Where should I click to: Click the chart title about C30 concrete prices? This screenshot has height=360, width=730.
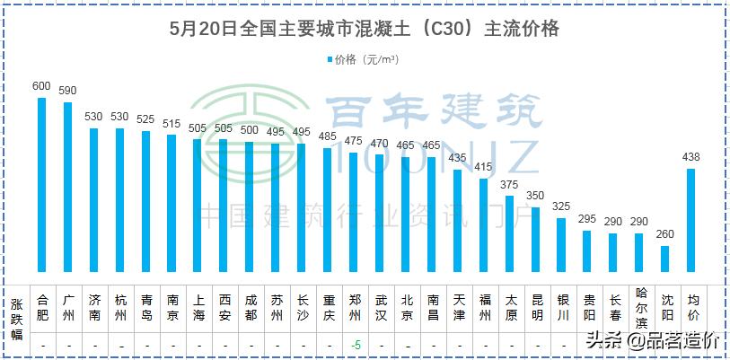pos(365,29)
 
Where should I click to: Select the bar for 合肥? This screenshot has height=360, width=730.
pos(41,184)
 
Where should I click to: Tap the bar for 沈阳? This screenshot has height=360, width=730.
pos(665,258)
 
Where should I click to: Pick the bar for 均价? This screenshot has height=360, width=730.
pos(691,219)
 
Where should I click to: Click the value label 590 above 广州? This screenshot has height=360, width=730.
pos(67,91)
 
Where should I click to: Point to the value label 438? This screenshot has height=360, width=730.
pos(691,158)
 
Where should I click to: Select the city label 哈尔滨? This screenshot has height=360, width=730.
pos(639,308)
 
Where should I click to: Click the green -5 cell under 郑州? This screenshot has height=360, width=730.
pos(355,345)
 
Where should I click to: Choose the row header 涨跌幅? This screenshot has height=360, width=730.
pos(16,319)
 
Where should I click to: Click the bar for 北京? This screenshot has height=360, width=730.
pos(406,214)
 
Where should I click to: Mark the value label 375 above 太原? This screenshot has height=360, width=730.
pos(510,185)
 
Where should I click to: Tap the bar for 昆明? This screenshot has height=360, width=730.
pos(536,239)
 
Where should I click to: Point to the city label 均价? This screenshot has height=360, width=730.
pos(692,308)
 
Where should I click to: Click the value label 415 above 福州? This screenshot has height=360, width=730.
pos(484,167)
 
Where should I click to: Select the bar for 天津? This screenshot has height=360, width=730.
pos(458,220)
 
